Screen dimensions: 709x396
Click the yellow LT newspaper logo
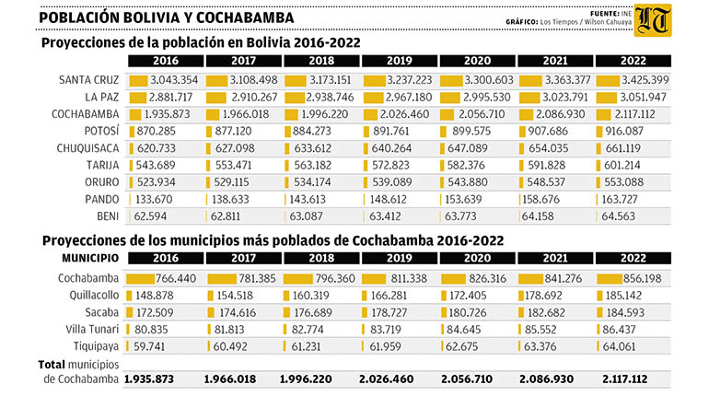coord(653,20)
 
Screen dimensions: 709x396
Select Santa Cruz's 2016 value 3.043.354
coord(174,80)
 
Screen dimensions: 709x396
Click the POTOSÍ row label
coord(101,131)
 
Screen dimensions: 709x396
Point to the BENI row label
coord(108,216)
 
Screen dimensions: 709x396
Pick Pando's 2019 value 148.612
coord(388,199)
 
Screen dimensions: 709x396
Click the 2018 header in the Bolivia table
coord(321,61)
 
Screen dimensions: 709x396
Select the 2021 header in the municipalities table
coord(555,258)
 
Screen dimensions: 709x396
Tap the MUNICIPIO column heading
coord(90,258)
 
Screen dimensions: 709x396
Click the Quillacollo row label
coord(94,296)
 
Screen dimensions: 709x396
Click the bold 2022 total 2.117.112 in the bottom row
coord(625,379)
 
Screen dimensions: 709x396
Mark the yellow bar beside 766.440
coord(141,279)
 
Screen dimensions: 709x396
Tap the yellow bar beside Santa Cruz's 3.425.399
coord(608,81)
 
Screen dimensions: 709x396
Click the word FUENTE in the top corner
coord(605,14)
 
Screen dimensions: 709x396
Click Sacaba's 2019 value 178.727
coord(390,313)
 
